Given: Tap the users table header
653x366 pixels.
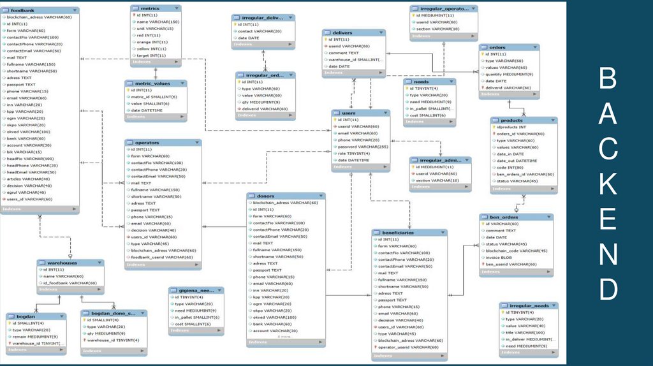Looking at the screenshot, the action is [349, 112].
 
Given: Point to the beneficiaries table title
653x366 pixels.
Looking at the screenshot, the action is [399, 233].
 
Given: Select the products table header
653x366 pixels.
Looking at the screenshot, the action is [512, 120].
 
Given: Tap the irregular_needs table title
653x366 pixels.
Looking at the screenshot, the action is [528, 305].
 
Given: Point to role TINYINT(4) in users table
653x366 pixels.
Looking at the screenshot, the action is [354, 153].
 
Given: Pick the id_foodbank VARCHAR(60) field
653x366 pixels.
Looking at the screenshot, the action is [70, 282].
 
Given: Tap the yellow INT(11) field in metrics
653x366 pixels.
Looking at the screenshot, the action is [151, 49].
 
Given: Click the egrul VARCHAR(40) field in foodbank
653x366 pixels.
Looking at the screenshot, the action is [26, 192].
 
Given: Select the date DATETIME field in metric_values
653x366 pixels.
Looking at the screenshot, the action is [147, 110].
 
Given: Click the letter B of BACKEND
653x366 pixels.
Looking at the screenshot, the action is [608, 80].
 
